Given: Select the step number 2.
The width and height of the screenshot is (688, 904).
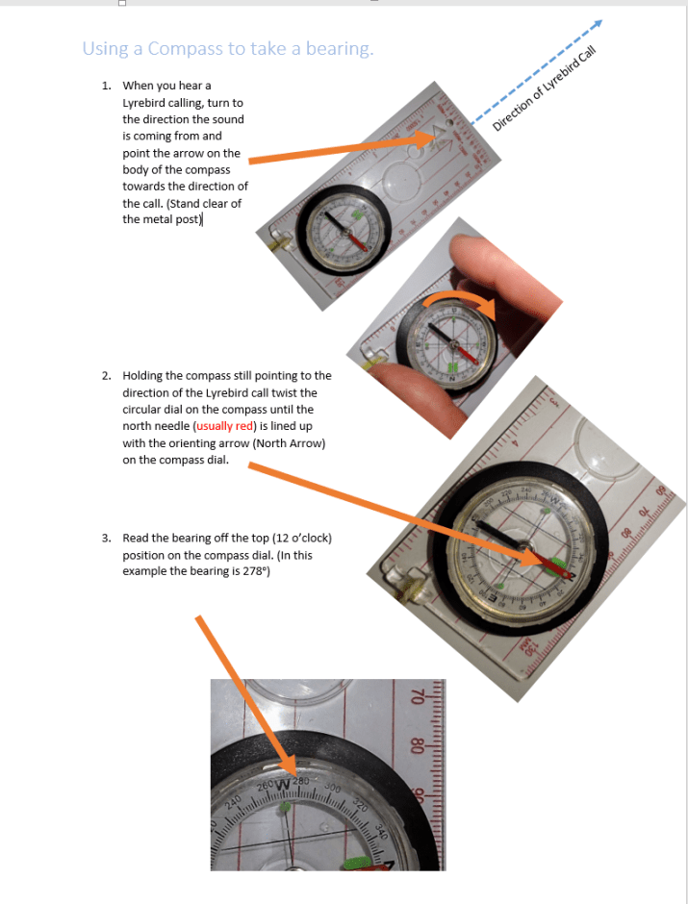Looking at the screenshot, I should tap(106, 376).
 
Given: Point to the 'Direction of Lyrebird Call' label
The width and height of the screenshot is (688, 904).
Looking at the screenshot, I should tap(545, 88).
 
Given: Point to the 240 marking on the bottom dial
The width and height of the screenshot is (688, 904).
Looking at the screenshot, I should tap(233, 802).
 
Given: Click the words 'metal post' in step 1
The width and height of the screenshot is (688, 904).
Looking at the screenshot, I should tap(169, 219).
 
